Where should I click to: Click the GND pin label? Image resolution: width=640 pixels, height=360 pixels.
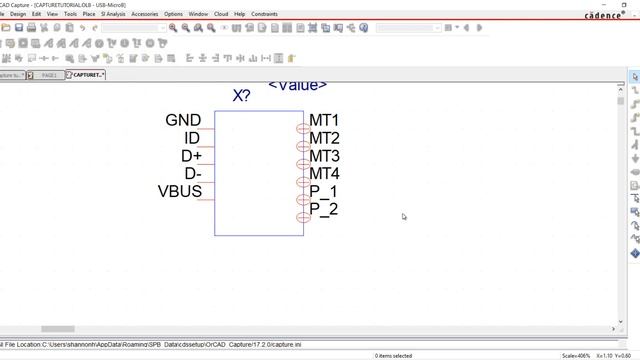pyautogui.click(x=183, y=120)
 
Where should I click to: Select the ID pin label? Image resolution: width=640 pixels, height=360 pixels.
pyautogui.click(x=192, y=138)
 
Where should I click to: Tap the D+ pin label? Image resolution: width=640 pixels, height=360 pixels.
pyautogui.click(x=191, y=156)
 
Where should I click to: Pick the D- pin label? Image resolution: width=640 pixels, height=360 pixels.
pyautogui.click(x=192, y=174)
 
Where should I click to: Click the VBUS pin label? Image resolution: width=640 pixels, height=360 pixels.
pyautogui.click(x=180, y=191)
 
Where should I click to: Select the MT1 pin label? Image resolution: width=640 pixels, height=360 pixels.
pyautogui.click(x=324, y=121)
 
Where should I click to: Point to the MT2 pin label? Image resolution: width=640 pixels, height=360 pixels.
pyautogui.click(x=324, y=138)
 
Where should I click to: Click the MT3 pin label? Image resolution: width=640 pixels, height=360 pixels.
pyautogui.click(x=324, y=156)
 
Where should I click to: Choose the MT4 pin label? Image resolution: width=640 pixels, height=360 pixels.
pyautogui.click(x=324, y=174)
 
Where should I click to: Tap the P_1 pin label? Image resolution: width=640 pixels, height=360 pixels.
pyautogui.click(x=323, y=191)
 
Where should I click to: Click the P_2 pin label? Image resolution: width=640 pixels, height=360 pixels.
pyautogui.click(x=323, y=209)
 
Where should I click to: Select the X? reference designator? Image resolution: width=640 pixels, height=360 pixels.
pyautogui.click(x=241, y=96)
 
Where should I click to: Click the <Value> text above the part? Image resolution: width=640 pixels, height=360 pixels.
pyautogui.click(x=297, y=85)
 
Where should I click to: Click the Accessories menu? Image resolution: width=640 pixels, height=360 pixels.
pyautogui.click(x=145, y=14)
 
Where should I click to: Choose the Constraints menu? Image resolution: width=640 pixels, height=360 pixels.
pyautogui.click(x=265, y=14)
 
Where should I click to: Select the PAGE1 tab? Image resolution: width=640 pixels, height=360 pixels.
pyautogui.click(x=46, y=75)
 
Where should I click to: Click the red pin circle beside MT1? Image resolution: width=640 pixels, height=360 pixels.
pyautogui.click(x=302, y=128)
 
